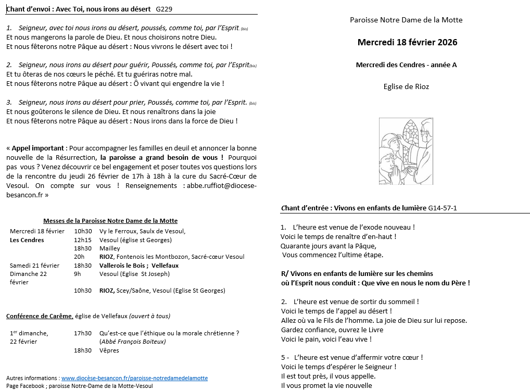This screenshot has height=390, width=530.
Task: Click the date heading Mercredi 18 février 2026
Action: point(407,42)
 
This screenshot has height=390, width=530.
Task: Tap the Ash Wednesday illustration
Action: point(406,151)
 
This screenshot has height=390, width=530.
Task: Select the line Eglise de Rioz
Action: point(406,86)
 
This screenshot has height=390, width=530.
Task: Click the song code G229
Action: point(164,9)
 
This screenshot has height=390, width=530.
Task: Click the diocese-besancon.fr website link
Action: point(134,378)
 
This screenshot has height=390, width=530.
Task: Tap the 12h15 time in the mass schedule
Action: point(82,240)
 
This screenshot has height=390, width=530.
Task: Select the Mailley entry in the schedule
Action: point(109,248)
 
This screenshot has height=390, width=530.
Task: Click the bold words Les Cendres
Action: point(27,240)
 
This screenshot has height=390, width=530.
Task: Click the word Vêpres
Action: point(109,350)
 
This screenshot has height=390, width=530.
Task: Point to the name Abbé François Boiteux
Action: point(132,342)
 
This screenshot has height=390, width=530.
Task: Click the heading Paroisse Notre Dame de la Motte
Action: point(406,20)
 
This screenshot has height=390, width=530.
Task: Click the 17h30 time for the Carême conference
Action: point(82,333)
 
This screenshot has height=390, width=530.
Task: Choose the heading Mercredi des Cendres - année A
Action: point(406,65)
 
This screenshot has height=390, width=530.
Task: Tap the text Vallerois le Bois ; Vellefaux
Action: point(138,266)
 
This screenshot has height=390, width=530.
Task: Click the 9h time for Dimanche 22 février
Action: point(77,274)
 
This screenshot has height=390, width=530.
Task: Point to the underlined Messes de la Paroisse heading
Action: point(110,221)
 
